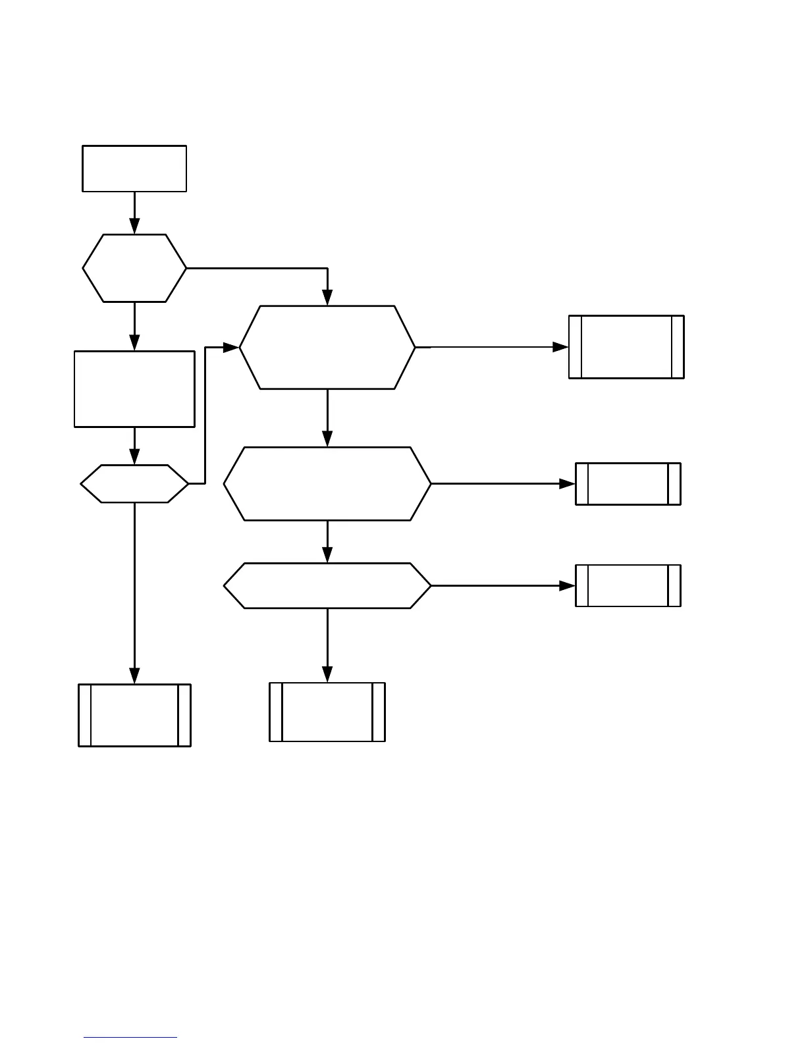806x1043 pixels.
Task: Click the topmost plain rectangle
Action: click(134, 169)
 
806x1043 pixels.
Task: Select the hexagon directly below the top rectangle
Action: click(134, 268)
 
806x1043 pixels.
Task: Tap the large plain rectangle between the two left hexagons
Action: click(134, 388)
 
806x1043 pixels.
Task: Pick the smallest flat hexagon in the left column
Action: click(134, 484)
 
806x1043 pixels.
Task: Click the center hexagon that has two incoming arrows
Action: click(327, 347)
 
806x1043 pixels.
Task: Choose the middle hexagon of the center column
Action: click(327, 484)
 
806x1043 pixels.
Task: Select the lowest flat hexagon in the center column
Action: click(327, 585)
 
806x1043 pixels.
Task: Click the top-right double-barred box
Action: click(626, 347)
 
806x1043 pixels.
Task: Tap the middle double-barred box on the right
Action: click(628, 484)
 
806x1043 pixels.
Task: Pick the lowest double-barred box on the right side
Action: click(628, 585)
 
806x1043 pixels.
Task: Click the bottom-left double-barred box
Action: click(134, 715)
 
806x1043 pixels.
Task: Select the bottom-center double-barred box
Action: click(327, 712)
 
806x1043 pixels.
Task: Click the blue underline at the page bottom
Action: click(130, 1038)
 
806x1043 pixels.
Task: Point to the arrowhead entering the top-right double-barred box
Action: click(561, 347)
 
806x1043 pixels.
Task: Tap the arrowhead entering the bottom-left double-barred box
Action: click(134, 676)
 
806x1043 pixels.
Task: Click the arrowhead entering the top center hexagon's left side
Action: click(231, 347)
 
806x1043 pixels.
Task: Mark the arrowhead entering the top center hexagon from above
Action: click(327, 298)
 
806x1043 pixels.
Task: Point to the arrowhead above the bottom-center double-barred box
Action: click(327, 674)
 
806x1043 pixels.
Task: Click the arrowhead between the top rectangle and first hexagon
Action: click(134, 227)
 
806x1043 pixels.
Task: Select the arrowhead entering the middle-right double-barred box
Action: click(568, 484)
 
